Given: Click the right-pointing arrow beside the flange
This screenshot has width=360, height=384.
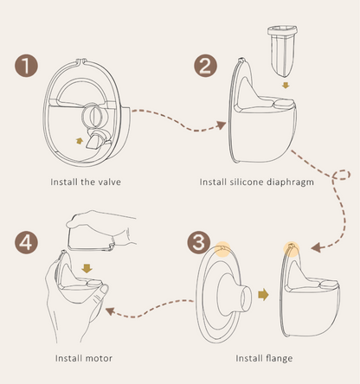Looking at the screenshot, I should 264,294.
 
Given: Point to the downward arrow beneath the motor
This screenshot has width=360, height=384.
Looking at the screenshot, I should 85,270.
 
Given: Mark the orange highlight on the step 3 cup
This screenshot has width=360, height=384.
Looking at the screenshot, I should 291,248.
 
